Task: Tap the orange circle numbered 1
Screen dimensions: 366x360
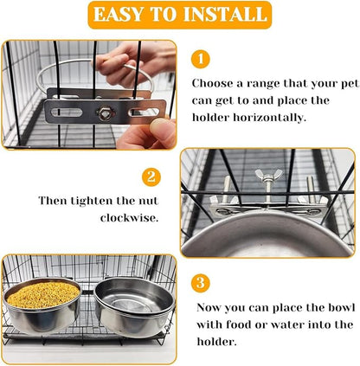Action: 200,59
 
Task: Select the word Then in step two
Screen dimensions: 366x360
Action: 55,200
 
